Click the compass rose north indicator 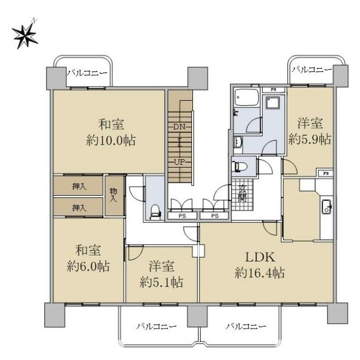click(25, 34)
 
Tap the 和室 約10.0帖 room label click(111, 132)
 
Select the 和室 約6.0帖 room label click(88, 258)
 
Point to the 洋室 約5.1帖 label click(161, 274)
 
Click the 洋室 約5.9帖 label click(310, 131)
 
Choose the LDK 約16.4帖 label click(260, 265)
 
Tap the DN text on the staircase click(179, 127)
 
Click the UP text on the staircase click(179, 162)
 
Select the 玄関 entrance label click(242, 193)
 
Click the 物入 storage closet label click(113, 195)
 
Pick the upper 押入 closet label click(79, 186)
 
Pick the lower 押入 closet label click(79, 208)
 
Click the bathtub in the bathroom click(247, 97)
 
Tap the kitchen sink click(326, 206)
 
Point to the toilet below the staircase click(155, 211)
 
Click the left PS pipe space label click(182, 216)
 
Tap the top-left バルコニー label click(87, 73)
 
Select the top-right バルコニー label click(312, 69)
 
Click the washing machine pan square click(273, 102)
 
